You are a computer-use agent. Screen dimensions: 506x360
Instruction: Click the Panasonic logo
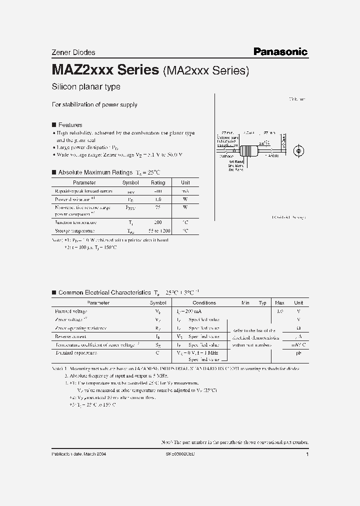[x=280, y=51]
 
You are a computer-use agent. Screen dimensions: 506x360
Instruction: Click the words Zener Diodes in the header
[x=73, y=52]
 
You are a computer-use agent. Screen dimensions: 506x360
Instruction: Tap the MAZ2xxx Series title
[x=105, y=70]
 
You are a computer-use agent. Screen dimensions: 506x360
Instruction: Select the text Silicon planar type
[x=86, y=87]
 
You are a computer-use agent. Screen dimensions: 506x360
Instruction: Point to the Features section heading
[x=70, y=124]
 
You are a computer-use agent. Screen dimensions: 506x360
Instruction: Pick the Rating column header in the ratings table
[x=158, y=183]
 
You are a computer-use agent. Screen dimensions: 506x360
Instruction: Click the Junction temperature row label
[x=75, y=222]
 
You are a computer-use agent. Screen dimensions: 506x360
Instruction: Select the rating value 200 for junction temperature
[x=158, y=222]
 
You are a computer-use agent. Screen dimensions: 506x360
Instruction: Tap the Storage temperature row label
[x=74, y=231]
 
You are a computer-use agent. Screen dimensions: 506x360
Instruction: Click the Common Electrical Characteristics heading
[x=104, y=292]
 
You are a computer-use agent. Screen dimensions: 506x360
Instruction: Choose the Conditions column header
[x=204, y=302]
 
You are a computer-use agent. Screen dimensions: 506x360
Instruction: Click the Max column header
[x=279, y=302]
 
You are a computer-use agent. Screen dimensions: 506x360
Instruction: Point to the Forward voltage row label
[x=70, y=311]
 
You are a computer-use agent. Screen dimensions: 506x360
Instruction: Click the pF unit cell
[x=298, y=353]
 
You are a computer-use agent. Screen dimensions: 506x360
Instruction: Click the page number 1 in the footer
[x=307, y=453]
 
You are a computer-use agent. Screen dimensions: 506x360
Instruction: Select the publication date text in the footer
[x=79, y=453]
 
